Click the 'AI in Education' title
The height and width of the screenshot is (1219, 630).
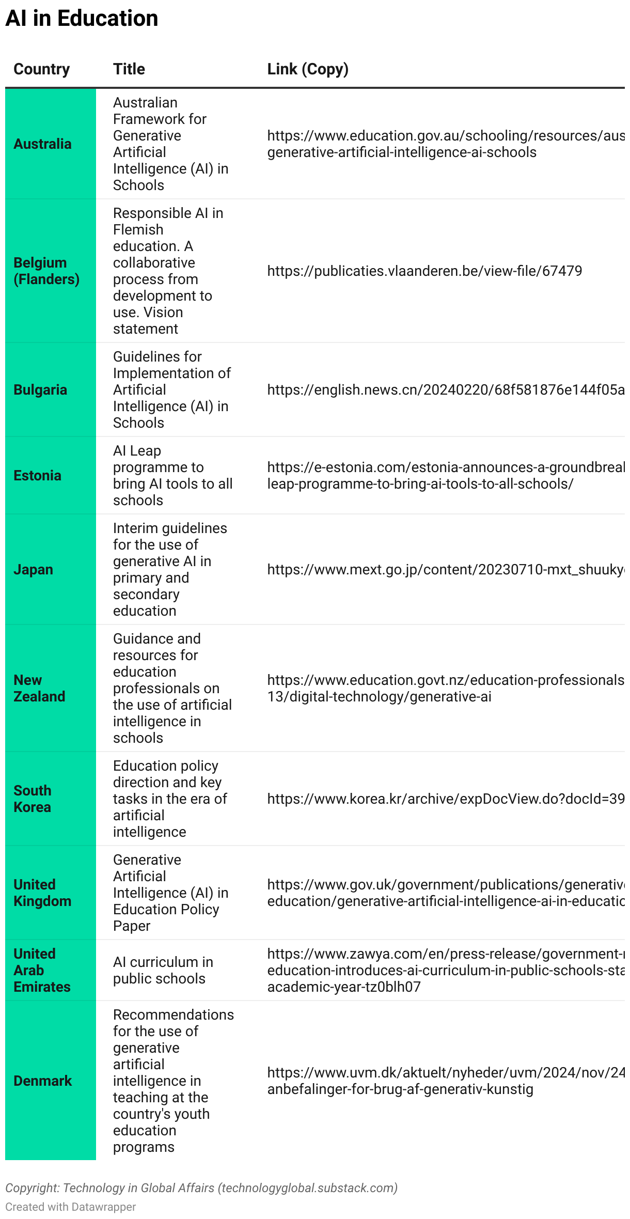82,19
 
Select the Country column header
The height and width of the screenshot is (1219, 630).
41,69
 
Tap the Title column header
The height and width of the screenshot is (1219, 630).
129,69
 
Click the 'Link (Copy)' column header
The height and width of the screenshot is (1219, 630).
308,69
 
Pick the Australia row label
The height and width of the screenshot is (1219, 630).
42,144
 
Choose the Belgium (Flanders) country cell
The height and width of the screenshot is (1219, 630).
46,271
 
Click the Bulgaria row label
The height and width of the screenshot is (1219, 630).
40,390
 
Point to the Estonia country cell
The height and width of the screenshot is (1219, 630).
37,476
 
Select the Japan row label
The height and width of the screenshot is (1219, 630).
33,570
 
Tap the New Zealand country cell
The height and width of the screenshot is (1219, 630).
39,689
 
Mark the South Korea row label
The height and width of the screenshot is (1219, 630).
32,799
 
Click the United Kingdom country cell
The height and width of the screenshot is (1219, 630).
42,893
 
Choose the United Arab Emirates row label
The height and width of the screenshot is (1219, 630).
42,971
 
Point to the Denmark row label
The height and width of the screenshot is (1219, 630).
42,1081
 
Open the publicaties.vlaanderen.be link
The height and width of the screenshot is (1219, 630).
424,271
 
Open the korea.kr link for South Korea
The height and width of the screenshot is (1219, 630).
445,799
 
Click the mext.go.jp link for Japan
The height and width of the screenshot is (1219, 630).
445,570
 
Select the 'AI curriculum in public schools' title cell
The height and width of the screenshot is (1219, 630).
163,971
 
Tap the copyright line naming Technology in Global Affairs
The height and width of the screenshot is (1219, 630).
201,1188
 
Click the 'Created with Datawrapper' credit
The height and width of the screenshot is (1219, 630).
71,1207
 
